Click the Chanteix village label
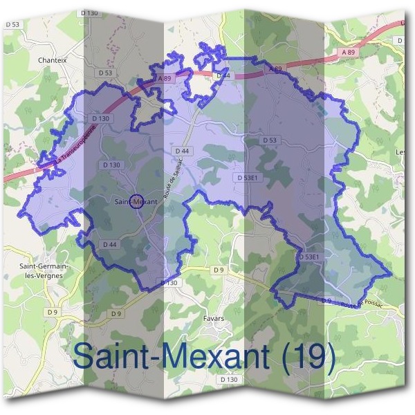tap(54, 60)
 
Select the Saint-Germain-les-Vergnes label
tap(43, 269)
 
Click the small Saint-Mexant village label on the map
tap(135, 201)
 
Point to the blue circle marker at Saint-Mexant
tap(136, 201)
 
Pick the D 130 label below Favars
tap(228, 379)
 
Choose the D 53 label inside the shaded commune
tap(269, 140)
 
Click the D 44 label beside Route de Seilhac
tap(182, 151)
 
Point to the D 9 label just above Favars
tap(219, 269)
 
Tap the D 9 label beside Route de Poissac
tap(326, 300)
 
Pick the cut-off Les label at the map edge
tap(400, 151)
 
